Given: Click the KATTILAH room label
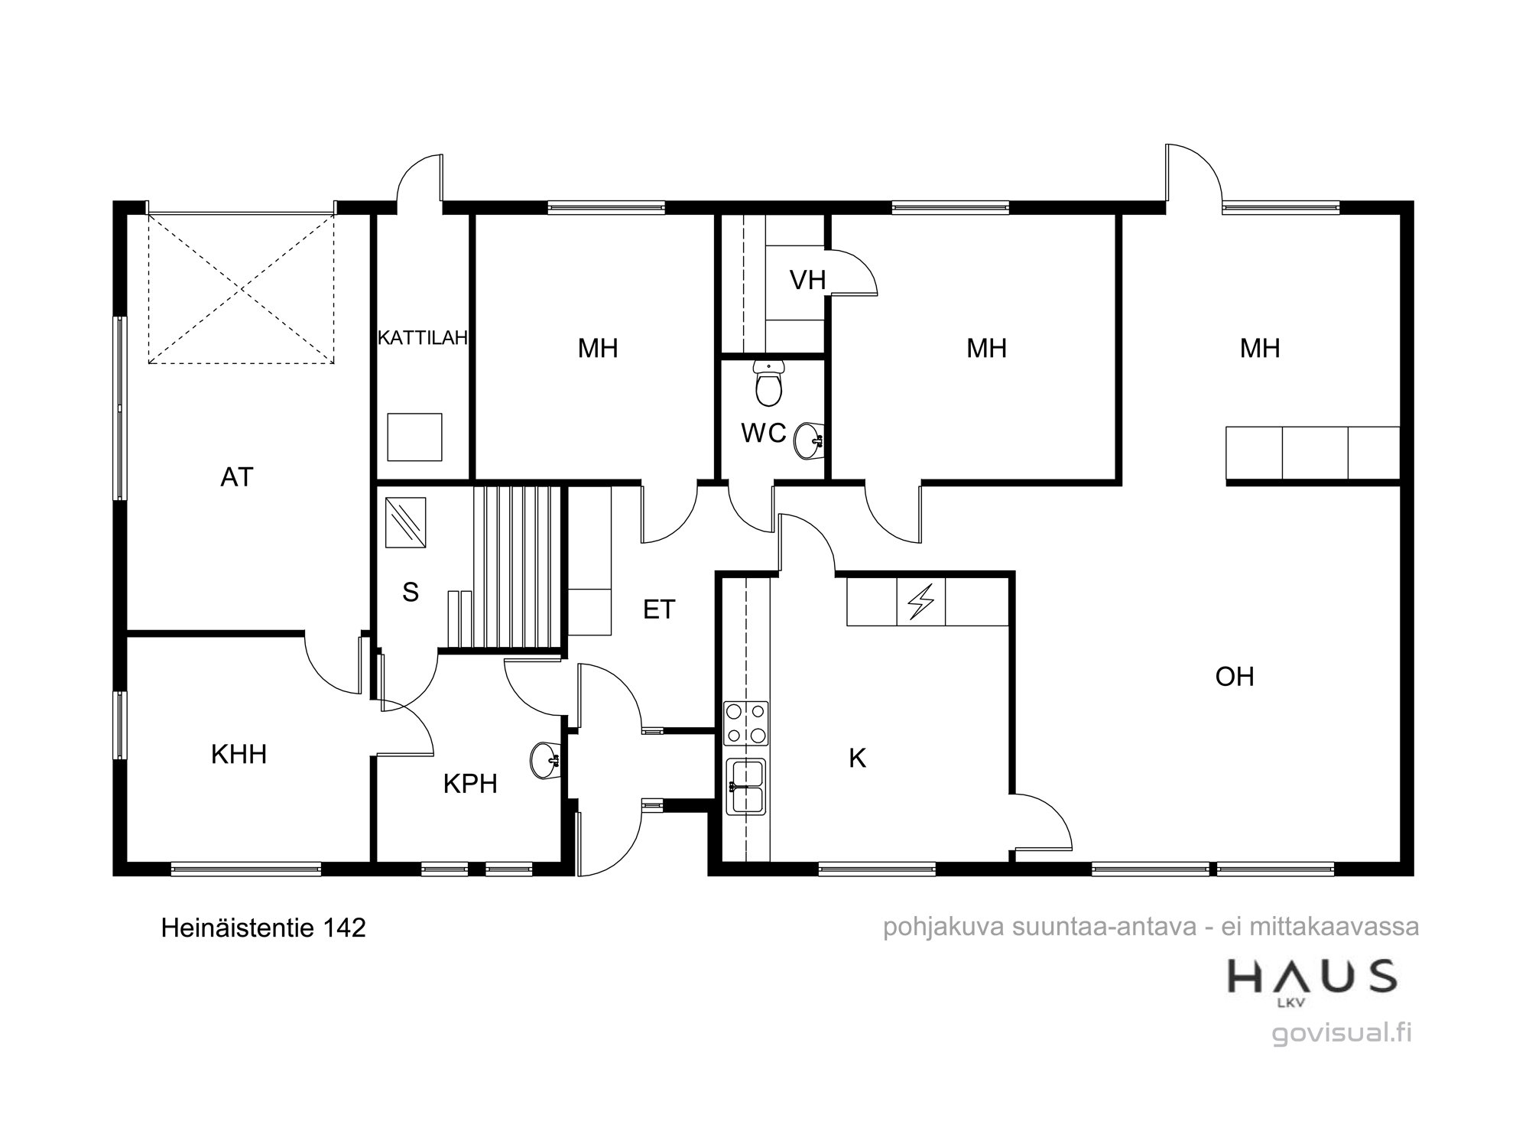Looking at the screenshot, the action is click(423, 338).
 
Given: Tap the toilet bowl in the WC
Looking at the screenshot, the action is click(768, 384).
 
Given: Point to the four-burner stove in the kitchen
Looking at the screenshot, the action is click(746, 723).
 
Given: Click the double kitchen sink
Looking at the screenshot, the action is click(746, 787).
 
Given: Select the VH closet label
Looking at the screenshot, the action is click(808, 280).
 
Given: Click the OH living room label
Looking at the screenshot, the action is click(1235, 677).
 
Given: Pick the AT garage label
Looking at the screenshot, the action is click(237, 477).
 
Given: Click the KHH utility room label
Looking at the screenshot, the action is click(239, 755).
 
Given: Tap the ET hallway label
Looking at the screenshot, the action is click(659, 609).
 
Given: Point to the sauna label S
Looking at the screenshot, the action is click(411, 592).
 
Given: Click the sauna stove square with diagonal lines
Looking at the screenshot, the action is click(406, 523).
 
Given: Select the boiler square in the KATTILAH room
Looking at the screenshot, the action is click(414, 437).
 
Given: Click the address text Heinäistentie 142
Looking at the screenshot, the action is click(263, 928).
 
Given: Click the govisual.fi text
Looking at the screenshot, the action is click(1342, 1033).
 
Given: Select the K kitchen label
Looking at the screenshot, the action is click(858, 759).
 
